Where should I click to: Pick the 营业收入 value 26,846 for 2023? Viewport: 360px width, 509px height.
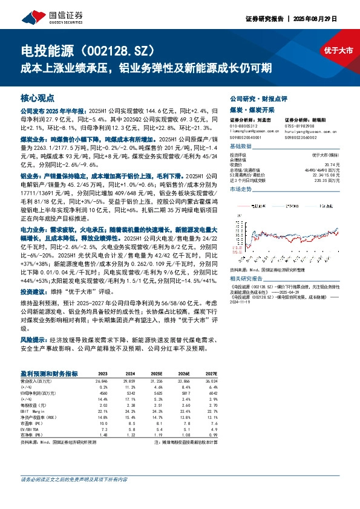[x=101, y=382]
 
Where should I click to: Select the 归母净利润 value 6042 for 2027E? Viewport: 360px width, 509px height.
[x=211, y=394]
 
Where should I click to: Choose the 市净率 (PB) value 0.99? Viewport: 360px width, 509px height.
[x=212, y=434]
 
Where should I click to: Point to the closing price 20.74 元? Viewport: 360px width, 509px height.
[x=330, y=164]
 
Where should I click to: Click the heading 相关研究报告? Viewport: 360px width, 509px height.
[x=247, y=278]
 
